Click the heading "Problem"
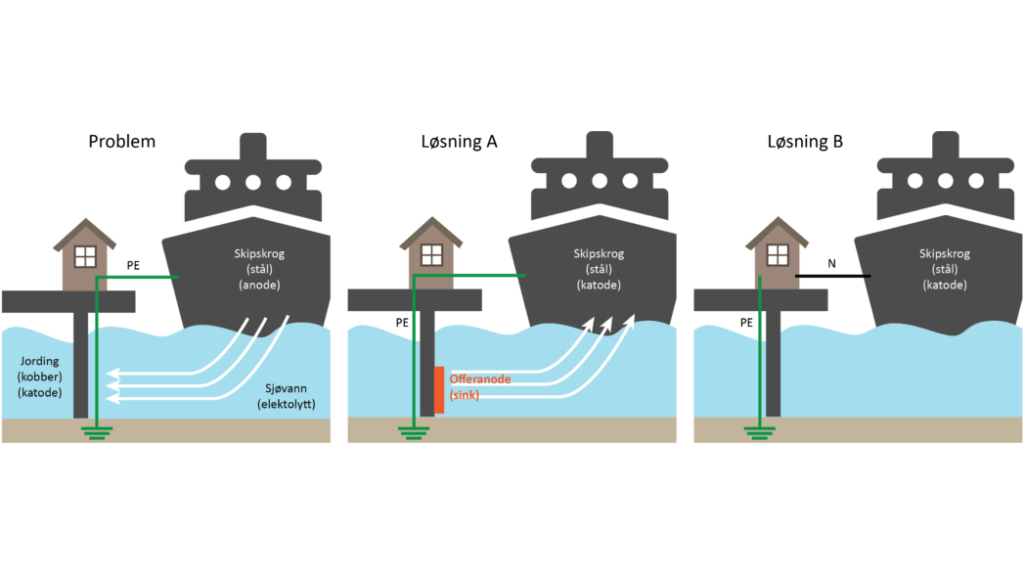pyautogui.click(x=121, y=141)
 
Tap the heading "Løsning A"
pyautogui.click(x=453, y=141)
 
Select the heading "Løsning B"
pyautogui.click(x=805, y=141)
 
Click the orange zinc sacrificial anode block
pyautogui.click(x=440, y=389)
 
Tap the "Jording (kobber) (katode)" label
pyautogui.click(x=40, y=376)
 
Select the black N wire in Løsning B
pyautogui.click(x=831, y=277)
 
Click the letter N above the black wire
pyautogui.click(x=831, y=264)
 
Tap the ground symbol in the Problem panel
pyautogui.click(x=96, y=431)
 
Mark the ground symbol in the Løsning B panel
pyautogui.click(x=760, y=431)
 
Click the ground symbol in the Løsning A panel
pyautogui.click(x=414, y=431)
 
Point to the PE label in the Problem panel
pyautogui.click(x=134, y=264)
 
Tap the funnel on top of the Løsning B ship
pyautogui.click(x=944, y=146)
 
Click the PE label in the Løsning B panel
pyautogui.click(x=746, y=322)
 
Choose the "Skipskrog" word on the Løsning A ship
pyautogui.click(x=598, y=254)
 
